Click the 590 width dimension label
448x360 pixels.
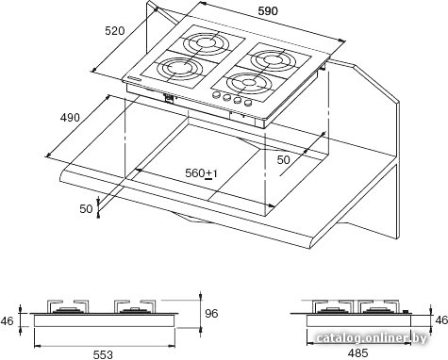coord(268,11)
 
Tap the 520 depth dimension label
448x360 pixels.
coord(115,31)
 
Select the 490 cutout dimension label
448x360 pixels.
coord(70,118)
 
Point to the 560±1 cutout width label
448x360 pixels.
coord(201,173)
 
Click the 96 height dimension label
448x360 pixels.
coord(211,314)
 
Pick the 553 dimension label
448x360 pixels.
coord(103,354)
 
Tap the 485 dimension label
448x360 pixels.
coord(357,353)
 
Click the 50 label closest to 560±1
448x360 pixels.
coord(283,160)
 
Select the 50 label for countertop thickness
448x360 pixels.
coord(86,209)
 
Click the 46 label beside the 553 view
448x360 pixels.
coord(7,321)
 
